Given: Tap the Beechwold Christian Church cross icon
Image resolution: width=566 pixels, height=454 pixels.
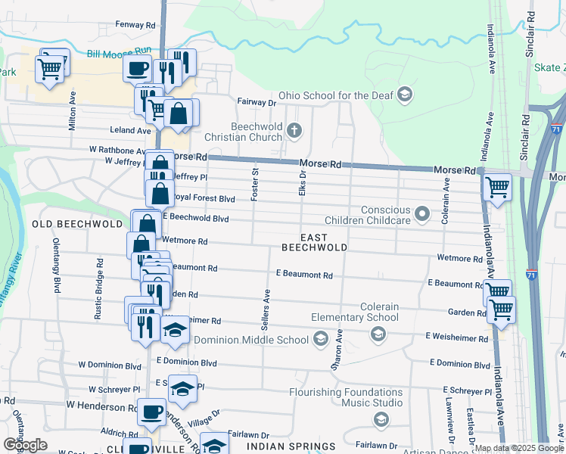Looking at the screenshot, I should [x=294, y=132].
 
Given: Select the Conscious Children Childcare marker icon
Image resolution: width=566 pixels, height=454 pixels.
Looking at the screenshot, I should [x=423, y=215].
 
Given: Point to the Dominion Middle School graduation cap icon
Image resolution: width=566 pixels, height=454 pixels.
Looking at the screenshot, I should [x=321, y=339].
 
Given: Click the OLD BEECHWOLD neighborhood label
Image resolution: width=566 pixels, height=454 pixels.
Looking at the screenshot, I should [x=77, y=225].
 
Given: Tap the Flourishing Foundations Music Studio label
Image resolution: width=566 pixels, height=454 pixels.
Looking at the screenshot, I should [x=345, y=397].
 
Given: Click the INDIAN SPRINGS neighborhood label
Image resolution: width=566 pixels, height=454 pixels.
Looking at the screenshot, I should [x=300, y=446].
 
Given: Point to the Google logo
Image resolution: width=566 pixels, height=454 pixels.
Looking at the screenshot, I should [x=25, y=445].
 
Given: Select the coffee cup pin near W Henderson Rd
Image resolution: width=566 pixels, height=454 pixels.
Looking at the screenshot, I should [x=151, y=412].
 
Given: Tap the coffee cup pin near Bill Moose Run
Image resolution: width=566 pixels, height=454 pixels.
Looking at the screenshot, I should [x=138, y=68].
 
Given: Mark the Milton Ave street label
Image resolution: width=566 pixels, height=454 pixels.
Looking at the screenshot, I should [x=73, y=110].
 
